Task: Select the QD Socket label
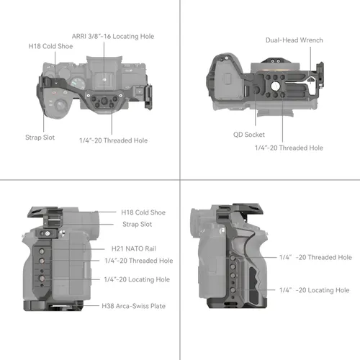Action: pyautogui.click(x=248, y=134)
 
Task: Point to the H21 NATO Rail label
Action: pyautogui.click(x=130, y=247)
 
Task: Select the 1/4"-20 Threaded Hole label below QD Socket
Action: pyautogui.click(x=289, y=148)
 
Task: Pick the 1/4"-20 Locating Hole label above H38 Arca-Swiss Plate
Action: pyautogui.click(x=138, y=279)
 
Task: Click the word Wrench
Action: pyautogui.click(x=311, y=40)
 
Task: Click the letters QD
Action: pyautogui.click(x=237, y=134)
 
